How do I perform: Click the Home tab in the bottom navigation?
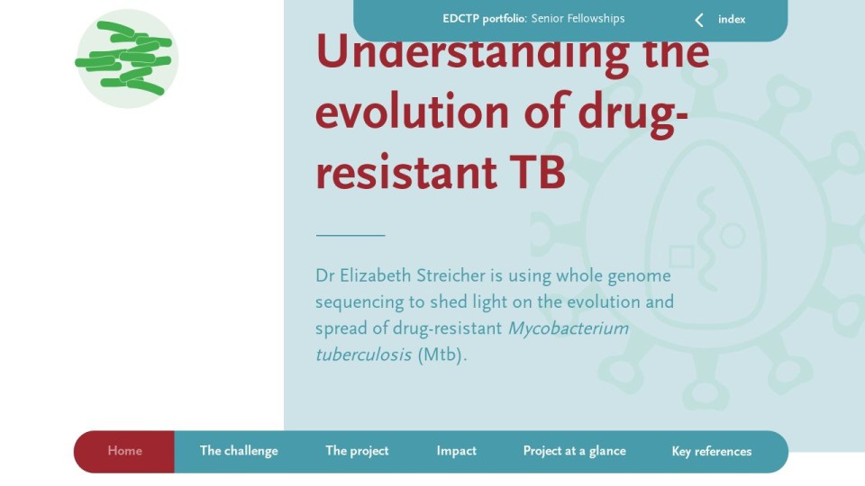pos(124,451)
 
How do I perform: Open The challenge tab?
pos(239,451)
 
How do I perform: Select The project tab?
pos(357,451)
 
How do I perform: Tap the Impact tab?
pos(456,451)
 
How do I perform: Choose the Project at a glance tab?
pos(574,451)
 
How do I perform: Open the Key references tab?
pos(712,451)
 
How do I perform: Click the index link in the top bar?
pos(732,19)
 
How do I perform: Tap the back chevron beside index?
pos(699,21)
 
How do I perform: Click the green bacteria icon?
pos(127,58)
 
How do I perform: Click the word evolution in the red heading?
pos(412,112)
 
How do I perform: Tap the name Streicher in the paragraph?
pos(451,275)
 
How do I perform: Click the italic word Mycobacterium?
pos(569,328)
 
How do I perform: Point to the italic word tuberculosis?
pos(363,355)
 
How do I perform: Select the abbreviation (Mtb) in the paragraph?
pos(442,355)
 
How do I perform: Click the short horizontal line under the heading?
pos(351,235)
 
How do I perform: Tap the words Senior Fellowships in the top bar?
pos(578,19)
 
